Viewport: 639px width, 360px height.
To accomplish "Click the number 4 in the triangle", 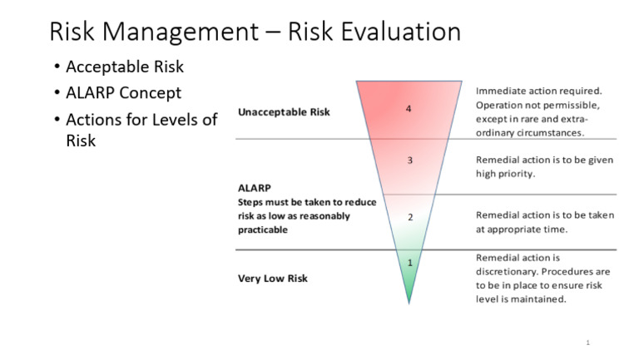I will [409, 109].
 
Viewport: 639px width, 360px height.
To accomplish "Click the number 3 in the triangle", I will [409, 160].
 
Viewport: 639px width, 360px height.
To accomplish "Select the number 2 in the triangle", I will [409, 217].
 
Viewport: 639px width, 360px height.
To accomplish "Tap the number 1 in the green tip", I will [409, 264].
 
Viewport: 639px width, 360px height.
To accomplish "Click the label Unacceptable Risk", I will [284, 111].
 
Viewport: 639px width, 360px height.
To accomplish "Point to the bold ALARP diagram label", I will [255, 188].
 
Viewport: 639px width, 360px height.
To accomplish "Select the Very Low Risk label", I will [273, 278].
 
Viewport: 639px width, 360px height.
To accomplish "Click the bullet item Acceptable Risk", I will [125, 67].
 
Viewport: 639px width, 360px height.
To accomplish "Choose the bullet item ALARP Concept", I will [123, 92].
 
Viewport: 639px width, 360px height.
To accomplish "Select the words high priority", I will [505, 174].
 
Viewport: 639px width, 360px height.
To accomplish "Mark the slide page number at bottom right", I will [587, 343].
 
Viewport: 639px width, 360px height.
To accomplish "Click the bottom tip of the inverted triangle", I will [409, 303].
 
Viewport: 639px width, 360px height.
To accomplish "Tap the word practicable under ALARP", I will [262, 229].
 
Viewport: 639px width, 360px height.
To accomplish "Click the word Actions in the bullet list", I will [98, 119].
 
